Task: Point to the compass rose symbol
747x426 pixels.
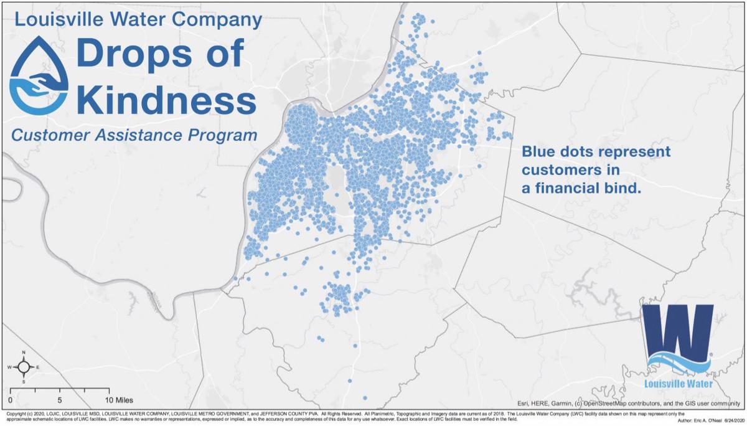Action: (x=23, y=367)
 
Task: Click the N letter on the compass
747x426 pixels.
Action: (x=23, y=353)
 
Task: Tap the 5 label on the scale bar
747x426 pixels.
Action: (x=60, y=400)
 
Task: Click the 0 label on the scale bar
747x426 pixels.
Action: (x=10, y=400)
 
